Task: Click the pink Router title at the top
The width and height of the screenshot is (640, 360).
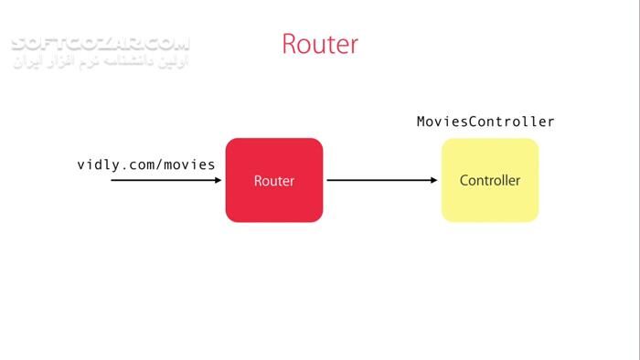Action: [x=320, y=44]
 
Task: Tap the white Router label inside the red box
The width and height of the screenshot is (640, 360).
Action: [x=274, y=181]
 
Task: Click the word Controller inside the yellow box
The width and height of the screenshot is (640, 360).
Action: [x=490, y=181]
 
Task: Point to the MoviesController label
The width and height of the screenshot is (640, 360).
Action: [x=485, y=122]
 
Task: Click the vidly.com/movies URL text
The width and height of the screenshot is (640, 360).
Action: [x=146, y=165]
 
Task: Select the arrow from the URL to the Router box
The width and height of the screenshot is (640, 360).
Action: [x=165, y=181]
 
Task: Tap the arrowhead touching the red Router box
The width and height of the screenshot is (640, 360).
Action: [x=219, y=181]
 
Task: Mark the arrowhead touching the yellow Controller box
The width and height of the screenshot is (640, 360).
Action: [x=435, y=181]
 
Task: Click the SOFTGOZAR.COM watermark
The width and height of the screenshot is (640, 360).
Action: [x=101, y=43]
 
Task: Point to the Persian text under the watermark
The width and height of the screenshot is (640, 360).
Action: [x=101, y=64]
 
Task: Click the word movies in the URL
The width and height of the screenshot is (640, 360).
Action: [x=190, y=165]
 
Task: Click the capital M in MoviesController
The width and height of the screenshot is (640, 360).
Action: [x=421, y=122]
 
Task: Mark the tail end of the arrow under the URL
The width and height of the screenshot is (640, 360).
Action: [x=112, y=181]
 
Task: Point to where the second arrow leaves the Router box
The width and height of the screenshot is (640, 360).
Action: [x=328, y=181]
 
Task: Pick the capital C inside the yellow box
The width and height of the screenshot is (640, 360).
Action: [x=464, y=181]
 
